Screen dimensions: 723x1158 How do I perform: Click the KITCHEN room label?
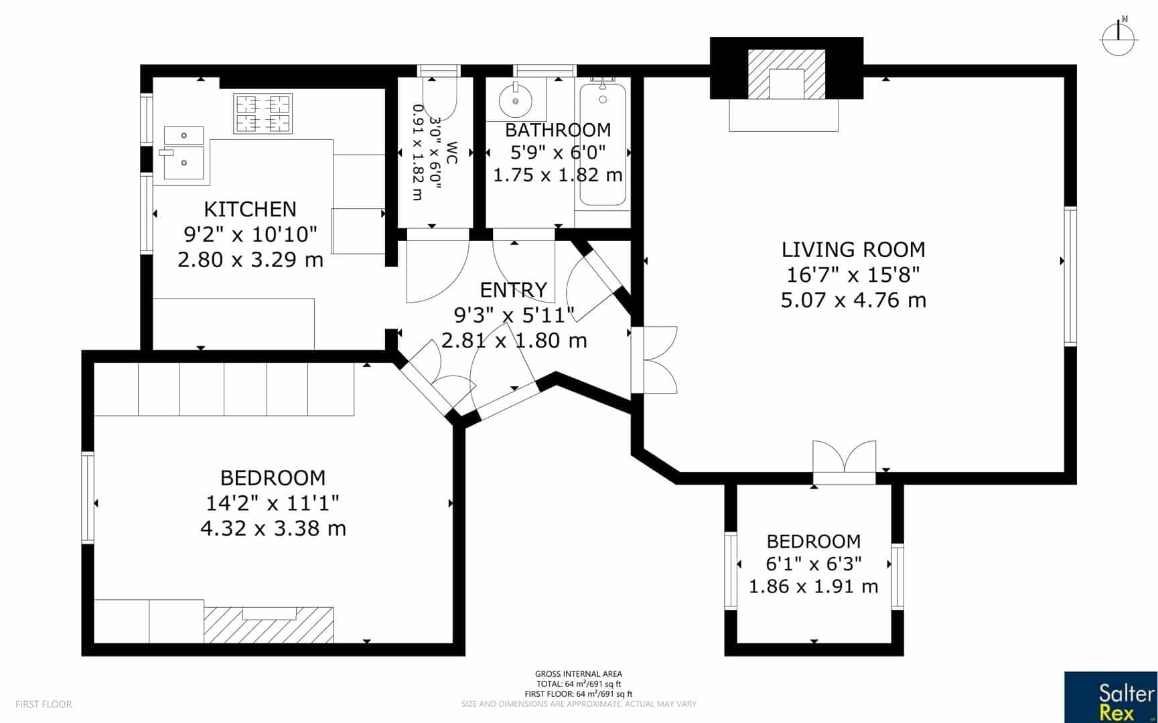pos(250,209)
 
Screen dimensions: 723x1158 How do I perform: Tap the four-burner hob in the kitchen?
pos(263,112)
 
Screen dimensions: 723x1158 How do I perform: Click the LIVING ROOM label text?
pos(853,250)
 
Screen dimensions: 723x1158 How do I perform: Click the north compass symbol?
pos(1118,38)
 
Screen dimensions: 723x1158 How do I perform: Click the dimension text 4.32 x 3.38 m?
pos(273,529)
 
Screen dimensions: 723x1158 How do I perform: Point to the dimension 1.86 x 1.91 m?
pos(813,586)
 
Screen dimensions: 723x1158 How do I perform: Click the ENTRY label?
pos(514,290)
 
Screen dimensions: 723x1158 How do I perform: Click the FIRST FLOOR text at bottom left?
pos(44,704)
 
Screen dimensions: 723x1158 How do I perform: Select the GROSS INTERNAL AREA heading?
pos(578,674)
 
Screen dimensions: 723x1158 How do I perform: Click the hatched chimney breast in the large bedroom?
pos(268,625)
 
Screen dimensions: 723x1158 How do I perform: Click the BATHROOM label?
pos(558,130)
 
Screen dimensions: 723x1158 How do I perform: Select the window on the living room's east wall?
pos(1070,276)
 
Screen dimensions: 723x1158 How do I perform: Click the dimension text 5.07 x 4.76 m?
pos(853,300)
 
